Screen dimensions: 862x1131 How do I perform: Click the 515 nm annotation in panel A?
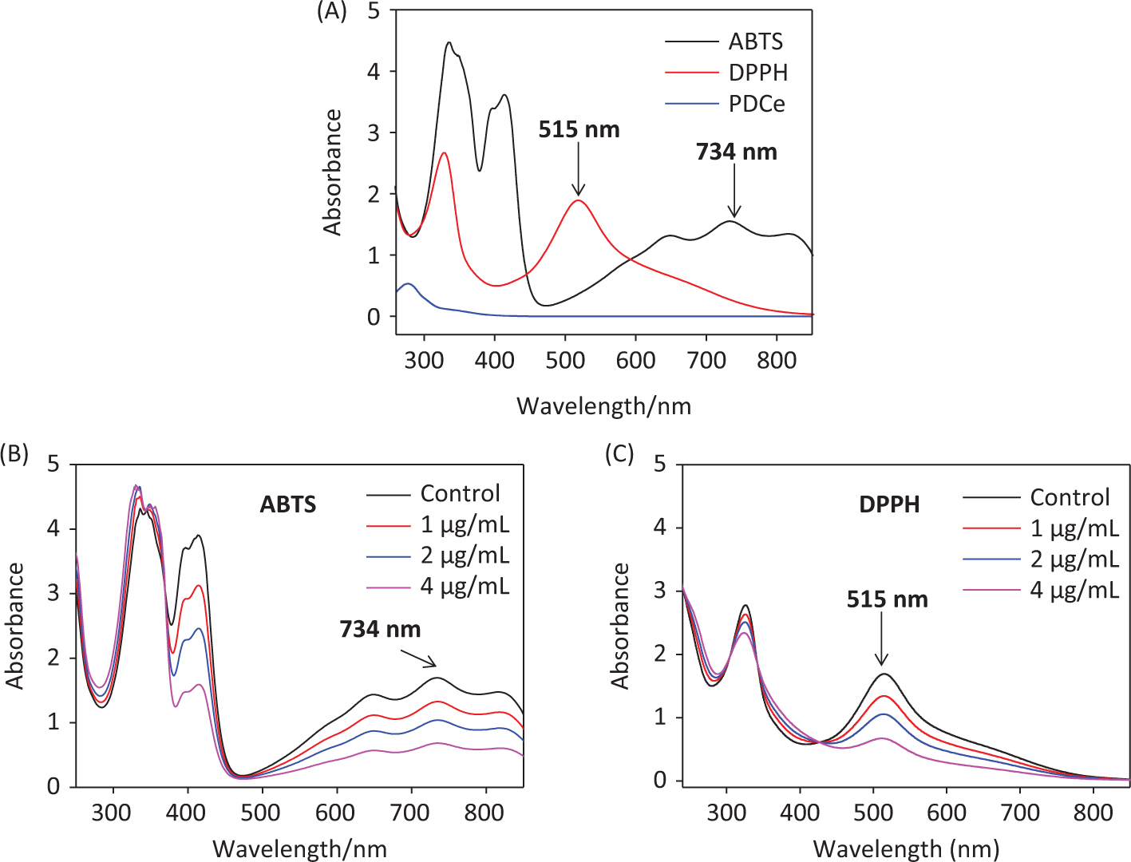(579, 129)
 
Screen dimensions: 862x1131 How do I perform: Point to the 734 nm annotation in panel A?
(736, 152)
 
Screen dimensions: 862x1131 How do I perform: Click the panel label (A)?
(331, 11)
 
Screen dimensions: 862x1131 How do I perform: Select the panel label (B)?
(14, 454)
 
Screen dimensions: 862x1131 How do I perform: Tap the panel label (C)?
(619, 454)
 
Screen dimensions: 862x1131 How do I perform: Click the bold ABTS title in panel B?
(288, 504)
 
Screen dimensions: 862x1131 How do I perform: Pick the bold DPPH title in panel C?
(889, 504)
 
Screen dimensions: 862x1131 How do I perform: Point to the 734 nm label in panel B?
(380, 629)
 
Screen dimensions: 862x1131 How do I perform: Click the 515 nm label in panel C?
(887, 599)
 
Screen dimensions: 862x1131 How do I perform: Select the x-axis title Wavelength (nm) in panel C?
(906, 848)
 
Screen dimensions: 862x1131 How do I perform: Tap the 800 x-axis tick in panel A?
(777, 360)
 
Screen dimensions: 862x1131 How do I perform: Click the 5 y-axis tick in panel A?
(374, 11)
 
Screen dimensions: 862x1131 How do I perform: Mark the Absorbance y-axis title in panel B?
(15, 626)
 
